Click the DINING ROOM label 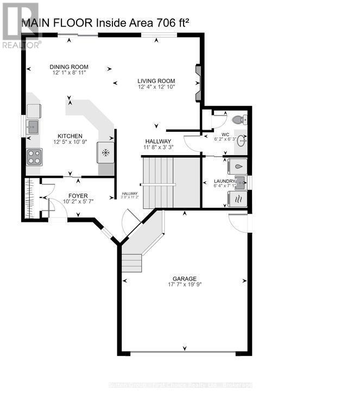pyautogui.click(x=70, y=67)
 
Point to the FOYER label pyautogui.click(x=78, y=195)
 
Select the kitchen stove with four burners pyautogui.click(x=34, y=157)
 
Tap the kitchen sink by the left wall pyautogui.click(x=33, y=127)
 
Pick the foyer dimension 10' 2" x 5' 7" pyautogui.click(x=78, y=202)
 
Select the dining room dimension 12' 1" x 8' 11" pyautogui.click(x=70, y=73)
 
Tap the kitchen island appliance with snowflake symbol pyautogui.click(x=105, y=152)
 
